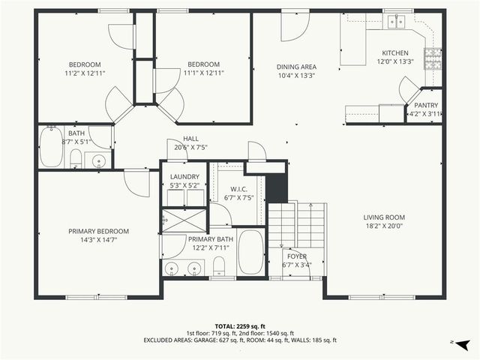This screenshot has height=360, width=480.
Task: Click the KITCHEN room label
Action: click(x=395, y=53)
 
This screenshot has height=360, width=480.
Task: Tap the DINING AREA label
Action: click(x=295, y=67)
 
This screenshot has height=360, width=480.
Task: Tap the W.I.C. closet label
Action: click(x=239, y=188)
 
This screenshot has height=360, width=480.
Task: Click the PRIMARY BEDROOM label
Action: click(x=99, y=231)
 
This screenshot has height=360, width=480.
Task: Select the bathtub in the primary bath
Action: click(x=250, y=253)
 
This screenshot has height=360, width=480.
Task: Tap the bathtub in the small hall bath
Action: click(x=52, y=147)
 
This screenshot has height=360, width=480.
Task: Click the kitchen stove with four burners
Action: click(x=433, y=58)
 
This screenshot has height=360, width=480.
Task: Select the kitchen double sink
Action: click(x=395, y=22)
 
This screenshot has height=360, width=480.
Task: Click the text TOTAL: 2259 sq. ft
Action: click(x=240, y=325)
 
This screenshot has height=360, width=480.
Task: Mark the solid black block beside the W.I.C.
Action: click(x=277, y=188)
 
